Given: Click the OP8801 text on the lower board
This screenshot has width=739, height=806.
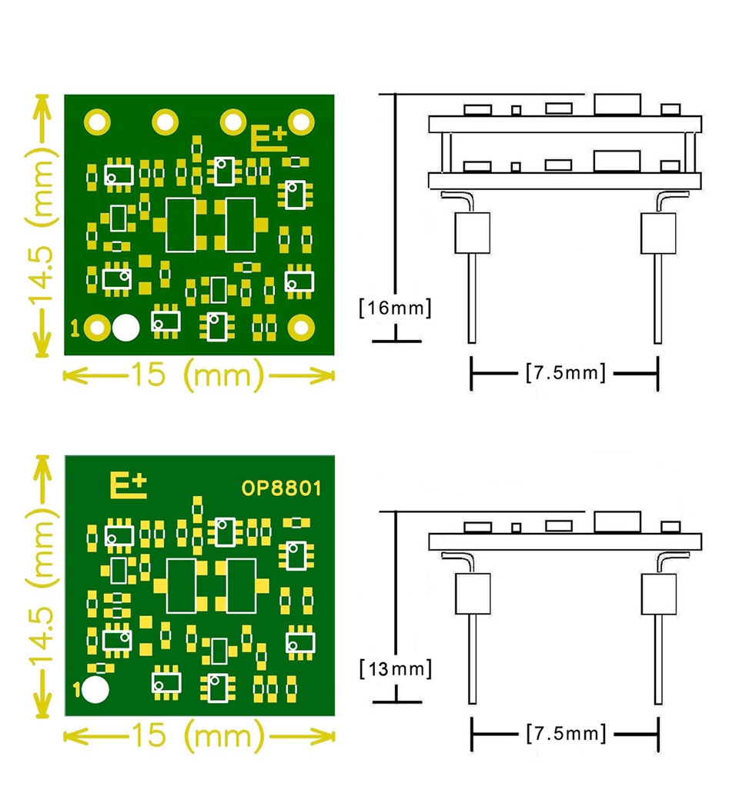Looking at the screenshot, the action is click(281, 488).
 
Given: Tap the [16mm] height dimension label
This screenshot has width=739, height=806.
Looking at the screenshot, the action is click(395, 308).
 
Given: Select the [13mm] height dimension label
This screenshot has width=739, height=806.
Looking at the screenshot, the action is click(395, 669).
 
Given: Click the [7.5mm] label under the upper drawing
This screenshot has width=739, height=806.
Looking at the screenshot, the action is click(566, 372).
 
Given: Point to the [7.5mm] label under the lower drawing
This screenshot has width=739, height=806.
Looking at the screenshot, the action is click(566, 733).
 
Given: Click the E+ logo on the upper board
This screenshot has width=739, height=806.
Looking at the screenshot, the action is click(269, 138).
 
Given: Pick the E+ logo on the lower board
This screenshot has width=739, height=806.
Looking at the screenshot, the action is click(129, 486).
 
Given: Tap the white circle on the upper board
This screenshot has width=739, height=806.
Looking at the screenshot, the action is click(126, 328).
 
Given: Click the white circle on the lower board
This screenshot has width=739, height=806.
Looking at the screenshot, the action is click(95, 690).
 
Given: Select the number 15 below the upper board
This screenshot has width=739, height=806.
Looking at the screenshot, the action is click(149, 374).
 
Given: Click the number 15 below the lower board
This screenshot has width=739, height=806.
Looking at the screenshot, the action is click(149, 734).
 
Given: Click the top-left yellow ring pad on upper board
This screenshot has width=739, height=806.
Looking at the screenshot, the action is click(97, 122).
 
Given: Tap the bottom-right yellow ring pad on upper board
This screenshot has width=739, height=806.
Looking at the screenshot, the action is click(301, 328).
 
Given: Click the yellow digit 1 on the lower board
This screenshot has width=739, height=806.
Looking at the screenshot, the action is click(76, 689).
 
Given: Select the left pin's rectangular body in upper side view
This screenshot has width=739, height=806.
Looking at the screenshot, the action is click(472, 233).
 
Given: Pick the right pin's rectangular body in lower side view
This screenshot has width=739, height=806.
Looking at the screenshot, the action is click(658, 594).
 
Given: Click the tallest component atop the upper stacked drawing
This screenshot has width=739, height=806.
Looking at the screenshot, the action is click(617, 105).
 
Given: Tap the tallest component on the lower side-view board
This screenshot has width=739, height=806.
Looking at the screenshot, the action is click(617, 522).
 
